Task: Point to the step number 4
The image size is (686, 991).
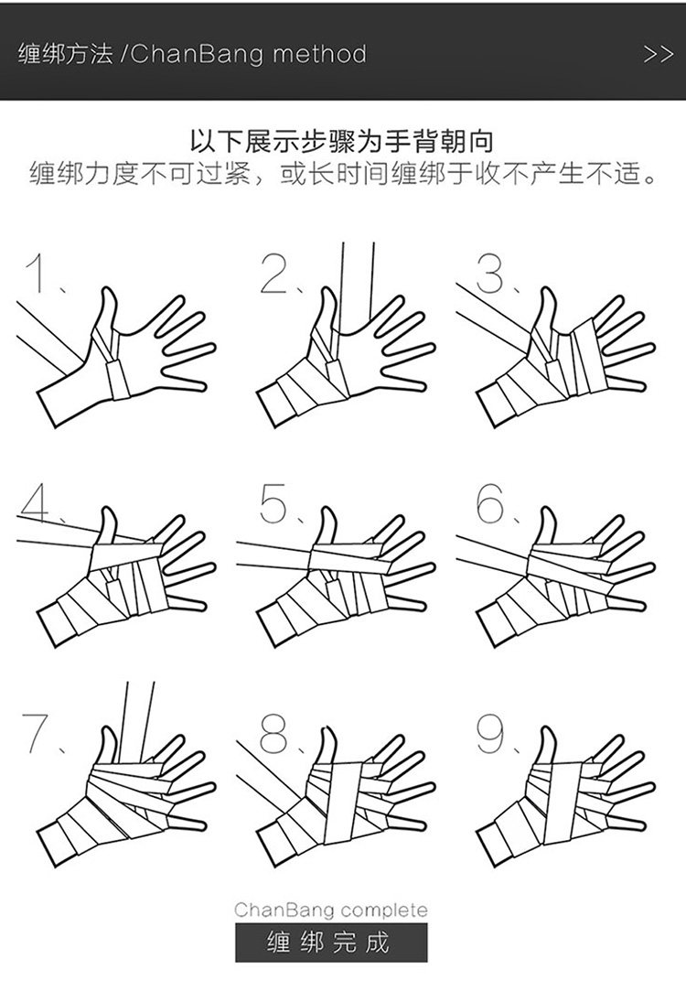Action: point(37,503)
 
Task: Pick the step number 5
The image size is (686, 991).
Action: point(273,503)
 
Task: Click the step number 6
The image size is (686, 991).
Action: point(491,503)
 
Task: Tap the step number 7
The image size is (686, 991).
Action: point(36,733)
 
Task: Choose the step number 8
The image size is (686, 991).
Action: point(273,733)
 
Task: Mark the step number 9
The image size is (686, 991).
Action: point(490,733)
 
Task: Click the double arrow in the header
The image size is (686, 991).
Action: point(659,54)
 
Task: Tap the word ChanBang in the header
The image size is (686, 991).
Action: point(197,54)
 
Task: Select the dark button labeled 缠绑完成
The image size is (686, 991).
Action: point(331,943)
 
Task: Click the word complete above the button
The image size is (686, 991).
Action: point(381,910)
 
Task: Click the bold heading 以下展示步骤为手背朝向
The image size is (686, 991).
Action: point(342,142)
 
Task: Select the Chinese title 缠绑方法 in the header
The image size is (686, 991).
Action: point(65,54)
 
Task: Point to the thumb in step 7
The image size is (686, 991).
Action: point(107,747)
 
